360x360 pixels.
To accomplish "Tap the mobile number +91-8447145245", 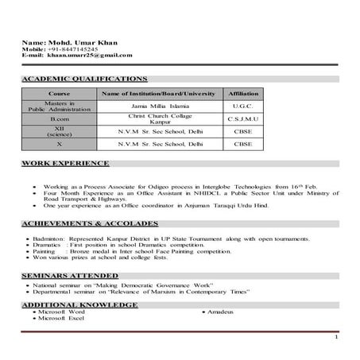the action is (x=75, y=48).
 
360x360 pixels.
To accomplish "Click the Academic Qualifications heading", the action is (x=84, y=79).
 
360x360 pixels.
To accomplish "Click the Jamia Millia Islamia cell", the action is (x=161, y=105).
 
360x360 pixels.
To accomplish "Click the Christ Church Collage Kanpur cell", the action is (x=161, y=118).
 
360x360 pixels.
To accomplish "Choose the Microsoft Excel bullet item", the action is (x=61, y=318).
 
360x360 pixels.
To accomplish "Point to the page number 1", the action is (x=336, y=338).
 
